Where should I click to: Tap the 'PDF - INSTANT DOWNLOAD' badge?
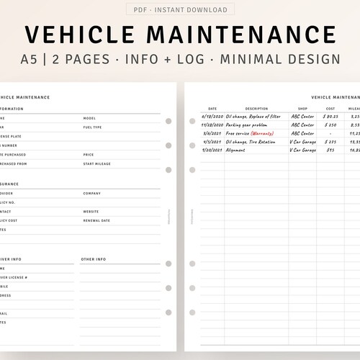(179, 10)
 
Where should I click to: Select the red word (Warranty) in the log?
(267, 133)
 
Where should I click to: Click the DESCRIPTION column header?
(256, 109)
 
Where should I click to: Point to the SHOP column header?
(302, 109)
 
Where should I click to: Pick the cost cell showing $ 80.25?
(330, 116)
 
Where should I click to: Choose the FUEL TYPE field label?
(92, 127)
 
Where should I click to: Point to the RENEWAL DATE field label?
(96, 220)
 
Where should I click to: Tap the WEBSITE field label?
(91, 212)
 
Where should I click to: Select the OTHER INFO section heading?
(94, 258)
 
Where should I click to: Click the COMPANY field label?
(91, 193)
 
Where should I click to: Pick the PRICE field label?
(89, 154)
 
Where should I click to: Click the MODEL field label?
(89, 118)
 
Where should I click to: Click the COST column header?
(330, 109)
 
